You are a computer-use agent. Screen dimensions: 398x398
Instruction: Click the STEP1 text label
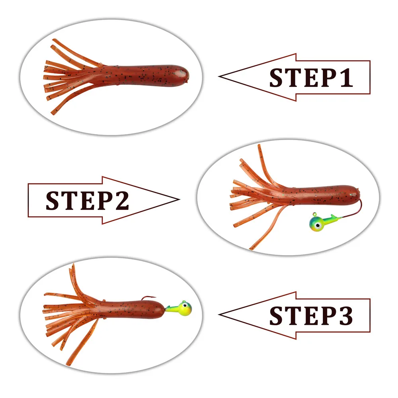point(311,78)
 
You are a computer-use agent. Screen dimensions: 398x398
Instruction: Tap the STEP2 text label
point(87,201)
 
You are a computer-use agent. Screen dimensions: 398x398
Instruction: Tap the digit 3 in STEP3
point(345,316)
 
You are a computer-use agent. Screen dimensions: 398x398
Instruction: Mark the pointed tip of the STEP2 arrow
point(179,199)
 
